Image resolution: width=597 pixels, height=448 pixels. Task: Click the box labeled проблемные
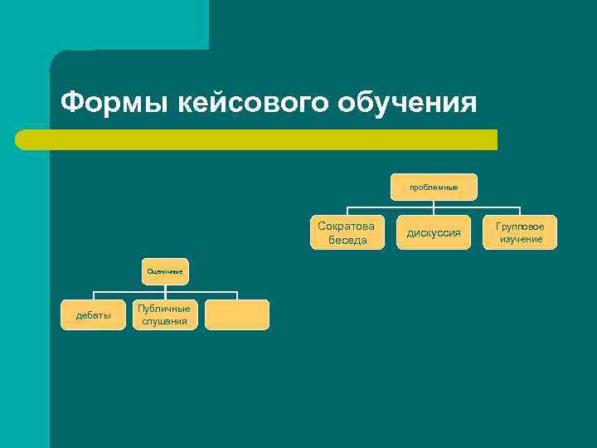point(434,187)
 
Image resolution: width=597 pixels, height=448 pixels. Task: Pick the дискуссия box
point(434,232)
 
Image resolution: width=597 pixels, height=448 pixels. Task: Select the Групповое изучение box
point(521,232)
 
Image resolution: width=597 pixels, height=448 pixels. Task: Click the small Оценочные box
point(165,271)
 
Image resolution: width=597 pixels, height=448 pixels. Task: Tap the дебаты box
point(94,315)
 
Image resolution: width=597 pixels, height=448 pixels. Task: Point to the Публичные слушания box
point(165,315)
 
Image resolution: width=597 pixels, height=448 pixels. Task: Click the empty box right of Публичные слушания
point(237,315)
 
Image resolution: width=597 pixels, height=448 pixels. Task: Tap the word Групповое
point(521,226)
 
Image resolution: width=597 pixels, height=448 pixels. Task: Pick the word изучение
point(521,239)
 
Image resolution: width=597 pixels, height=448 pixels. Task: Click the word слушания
point(165,321)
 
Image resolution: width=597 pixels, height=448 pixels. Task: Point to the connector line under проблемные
point(434,207)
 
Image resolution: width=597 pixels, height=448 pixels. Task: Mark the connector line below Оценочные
point(165,291)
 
